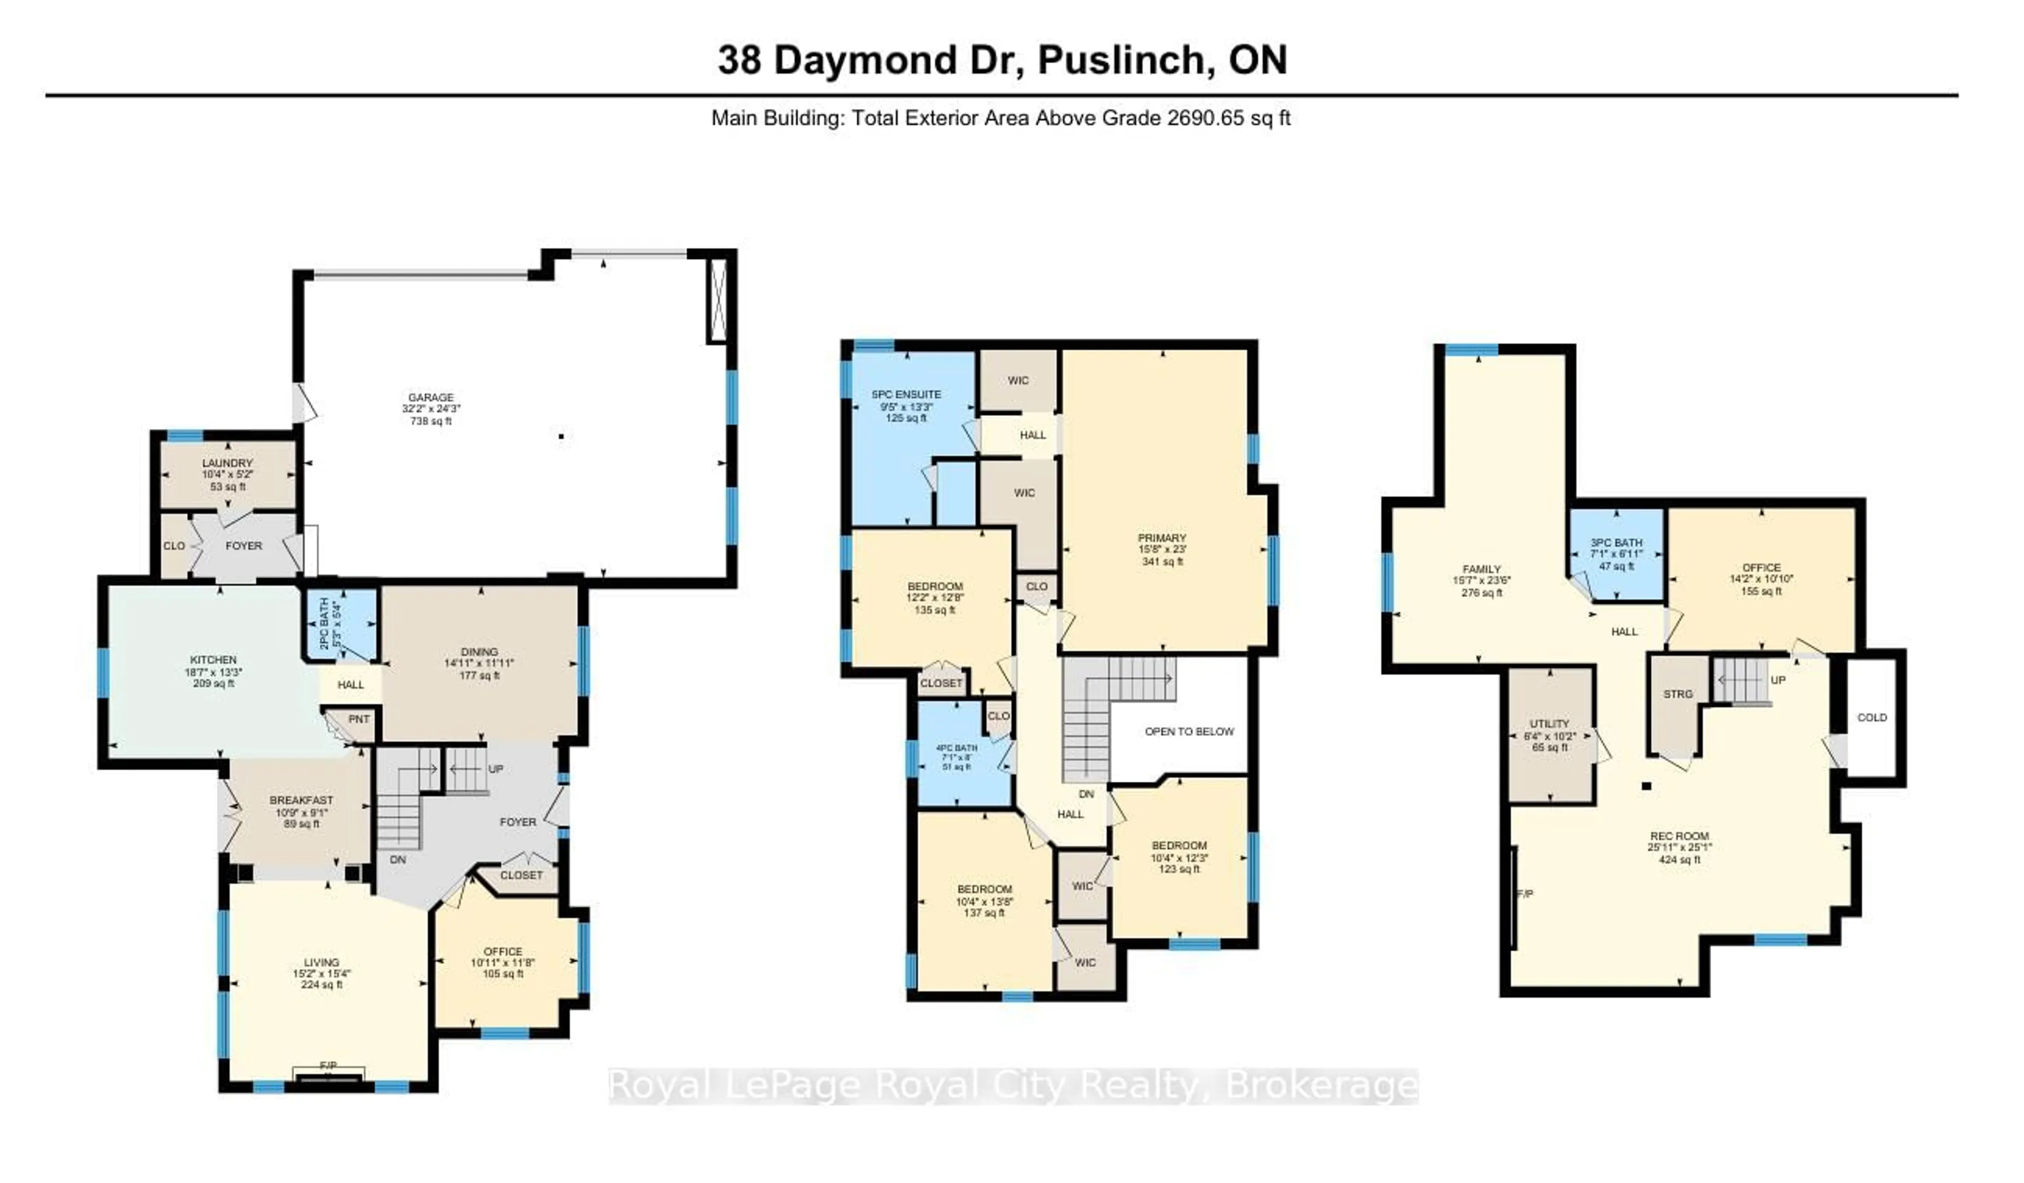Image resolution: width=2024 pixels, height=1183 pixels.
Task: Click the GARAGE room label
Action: pos(431,397)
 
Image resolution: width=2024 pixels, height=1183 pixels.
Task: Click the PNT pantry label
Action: pos(359,719)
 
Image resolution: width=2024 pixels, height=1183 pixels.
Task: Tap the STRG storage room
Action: pos(1677,694)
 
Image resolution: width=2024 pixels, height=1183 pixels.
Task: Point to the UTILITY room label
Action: pos(1549,724)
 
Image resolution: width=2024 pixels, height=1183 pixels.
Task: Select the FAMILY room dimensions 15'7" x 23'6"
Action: pos(1481,580)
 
